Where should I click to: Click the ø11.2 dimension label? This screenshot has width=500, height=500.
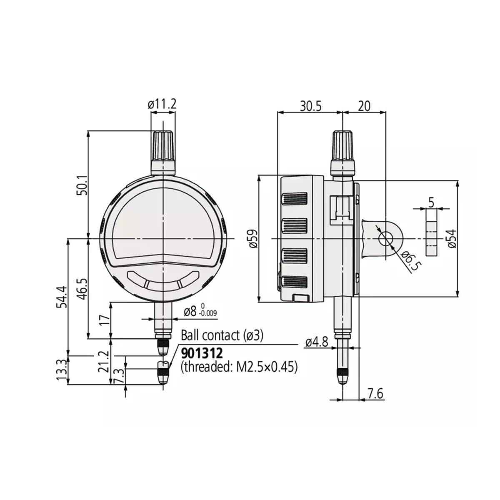tap(162, 104)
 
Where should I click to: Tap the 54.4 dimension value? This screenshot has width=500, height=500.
tap(62, 297)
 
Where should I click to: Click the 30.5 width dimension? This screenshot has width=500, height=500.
tap(310, 106)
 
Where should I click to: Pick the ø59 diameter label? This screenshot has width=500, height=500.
tap(253, 239)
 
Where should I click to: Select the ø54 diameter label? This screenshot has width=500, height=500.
tap(452, 238)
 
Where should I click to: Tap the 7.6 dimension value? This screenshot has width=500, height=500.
tap(375, 394)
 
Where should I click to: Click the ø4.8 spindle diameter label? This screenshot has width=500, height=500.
tap(317, 342)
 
